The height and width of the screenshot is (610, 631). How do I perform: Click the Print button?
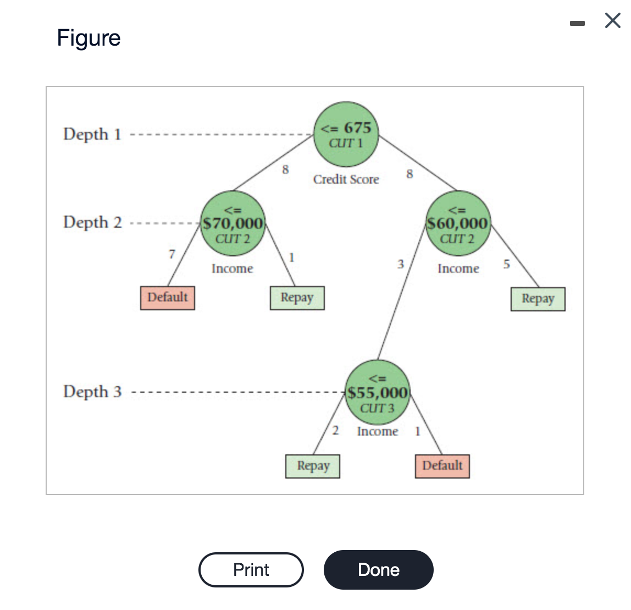pos(251,570)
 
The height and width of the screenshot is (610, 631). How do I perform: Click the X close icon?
pos(612,21)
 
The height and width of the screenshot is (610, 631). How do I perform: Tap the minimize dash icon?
pos(577,23)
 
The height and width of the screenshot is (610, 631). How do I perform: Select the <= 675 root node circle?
pos(346,134)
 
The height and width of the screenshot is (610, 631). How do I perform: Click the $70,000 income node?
pos(233,224)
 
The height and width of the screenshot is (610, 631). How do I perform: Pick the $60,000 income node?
pos(458,224)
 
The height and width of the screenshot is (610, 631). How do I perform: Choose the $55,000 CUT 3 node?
pos(378,393)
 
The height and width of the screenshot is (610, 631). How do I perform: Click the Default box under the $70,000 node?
pos(168,298)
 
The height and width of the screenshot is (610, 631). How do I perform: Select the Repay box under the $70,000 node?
pos(297,298)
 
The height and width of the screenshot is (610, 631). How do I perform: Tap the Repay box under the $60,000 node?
pos(538,299)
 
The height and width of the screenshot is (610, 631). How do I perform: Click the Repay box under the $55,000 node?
pos(313,466)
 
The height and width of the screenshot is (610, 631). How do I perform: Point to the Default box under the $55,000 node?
pos(442,466)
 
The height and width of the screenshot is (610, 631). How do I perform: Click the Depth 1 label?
pos(92,134)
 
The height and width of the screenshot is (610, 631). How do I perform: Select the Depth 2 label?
pos(92,222)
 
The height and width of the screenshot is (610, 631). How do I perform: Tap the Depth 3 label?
pos(92,392)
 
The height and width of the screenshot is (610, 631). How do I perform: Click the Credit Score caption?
pos(346,179)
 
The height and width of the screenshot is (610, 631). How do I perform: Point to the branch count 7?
pos(172,254)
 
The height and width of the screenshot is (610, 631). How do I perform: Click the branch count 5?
pos(506,264)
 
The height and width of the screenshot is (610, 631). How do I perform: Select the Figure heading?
pos(88,38)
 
